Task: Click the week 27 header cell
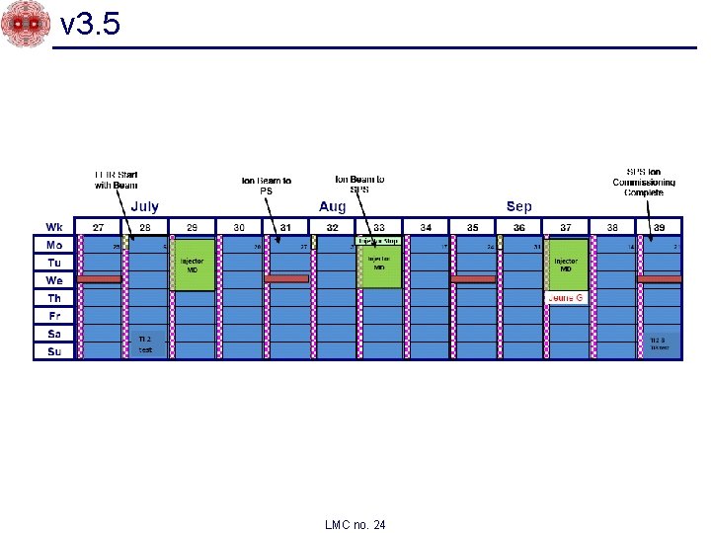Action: click(98, 227)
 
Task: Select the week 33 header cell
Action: click(378, 227)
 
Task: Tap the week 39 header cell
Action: click(659, 227)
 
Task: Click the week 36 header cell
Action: click(518, 227)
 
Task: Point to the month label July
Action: click(144, 206)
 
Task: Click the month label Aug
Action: click(333, 206)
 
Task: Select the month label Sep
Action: click(518, 206)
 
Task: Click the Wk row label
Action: click(54, 227)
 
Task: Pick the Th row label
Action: click(54, 297)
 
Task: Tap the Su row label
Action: click(54, 350)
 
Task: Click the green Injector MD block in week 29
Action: click(193, 265)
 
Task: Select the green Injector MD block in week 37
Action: click(567, 265)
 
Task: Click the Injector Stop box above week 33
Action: click(378, 241)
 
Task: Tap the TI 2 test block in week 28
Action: click(145, 343)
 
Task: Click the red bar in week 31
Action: click(286, 279)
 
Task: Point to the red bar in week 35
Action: click(472, 279)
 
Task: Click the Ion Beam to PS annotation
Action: click(266, 186)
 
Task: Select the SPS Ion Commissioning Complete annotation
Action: click(644, 182)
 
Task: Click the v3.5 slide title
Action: click(91, 24)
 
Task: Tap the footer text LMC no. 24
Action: click(355, 524)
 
